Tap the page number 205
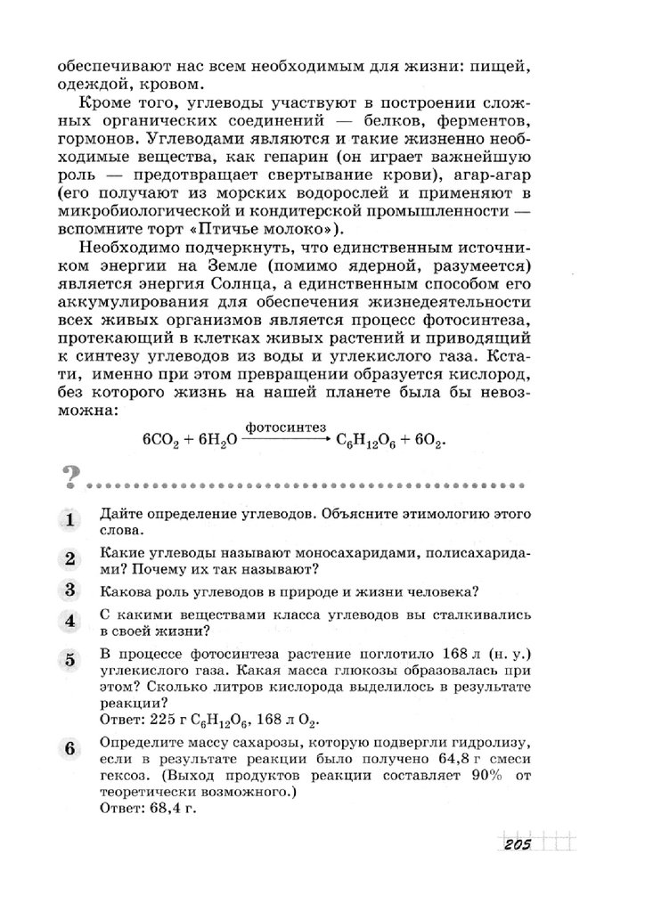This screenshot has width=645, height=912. click(x=516, y=844)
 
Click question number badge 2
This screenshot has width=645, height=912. click(x=69, y=559)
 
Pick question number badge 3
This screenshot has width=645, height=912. click(x=69, y=590)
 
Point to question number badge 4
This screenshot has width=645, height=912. click(x=69, y=622)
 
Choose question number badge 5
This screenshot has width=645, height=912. click(x=69, y=660)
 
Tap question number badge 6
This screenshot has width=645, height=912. click(x=69, y=749)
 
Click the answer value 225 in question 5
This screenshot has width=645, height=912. click(x=165, y=720)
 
